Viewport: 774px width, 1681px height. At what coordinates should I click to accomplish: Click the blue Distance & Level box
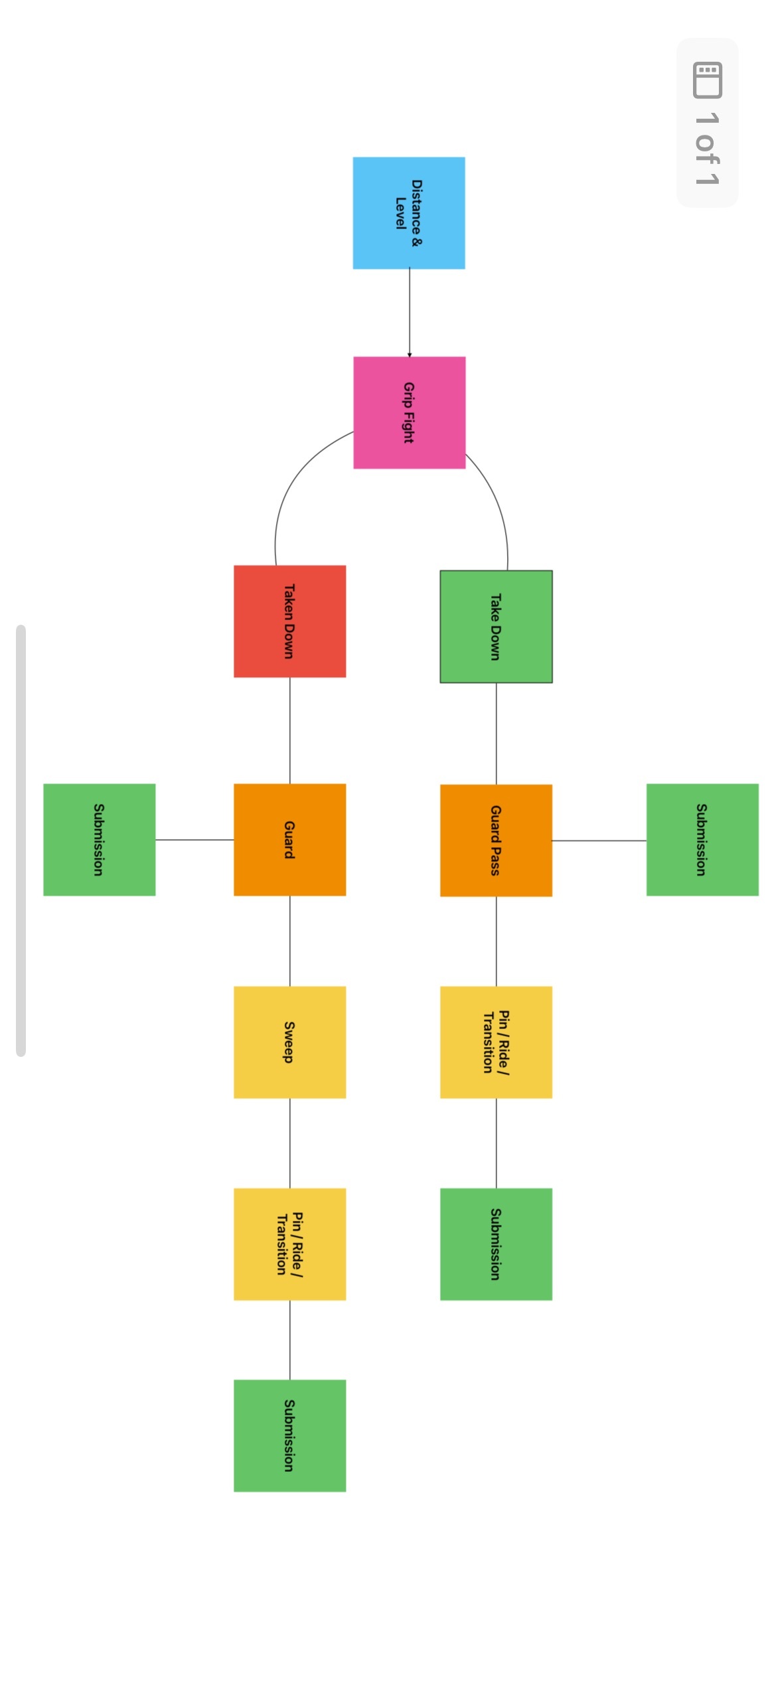[408, 213]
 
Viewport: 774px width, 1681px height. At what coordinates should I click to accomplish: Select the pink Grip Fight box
[409, 412]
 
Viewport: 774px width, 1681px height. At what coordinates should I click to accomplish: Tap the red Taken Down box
[289, 621]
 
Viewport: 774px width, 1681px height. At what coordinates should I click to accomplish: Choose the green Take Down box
[496, 627]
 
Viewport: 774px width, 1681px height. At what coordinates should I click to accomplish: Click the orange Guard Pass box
[496, 840]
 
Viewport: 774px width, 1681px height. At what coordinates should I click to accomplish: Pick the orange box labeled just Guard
[289, 840]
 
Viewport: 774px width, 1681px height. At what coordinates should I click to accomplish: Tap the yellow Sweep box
[289, 1042]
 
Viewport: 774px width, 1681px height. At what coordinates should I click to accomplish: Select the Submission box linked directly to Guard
[100, 840]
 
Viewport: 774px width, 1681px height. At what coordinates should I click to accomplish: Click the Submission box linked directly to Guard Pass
[702, 840]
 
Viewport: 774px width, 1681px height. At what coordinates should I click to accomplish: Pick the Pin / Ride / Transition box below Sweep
[289, 1244]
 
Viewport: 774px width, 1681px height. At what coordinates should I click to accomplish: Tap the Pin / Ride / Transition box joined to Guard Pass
[496, 1042]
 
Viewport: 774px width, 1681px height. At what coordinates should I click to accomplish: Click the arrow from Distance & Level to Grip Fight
[409, 312]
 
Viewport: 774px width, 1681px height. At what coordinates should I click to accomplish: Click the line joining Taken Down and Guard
[289, 730]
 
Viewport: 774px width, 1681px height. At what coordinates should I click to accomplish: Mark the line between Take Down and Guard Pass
[496, 734]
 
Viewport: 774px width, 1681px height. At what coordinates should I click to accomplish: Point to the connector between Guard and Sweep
[289, 941]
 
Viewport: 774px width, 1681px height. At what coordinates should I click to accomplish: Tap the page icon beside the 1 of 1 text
[707, 80]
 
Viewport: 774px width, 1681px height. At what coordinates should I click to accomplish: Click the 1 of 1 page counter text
[707, 149]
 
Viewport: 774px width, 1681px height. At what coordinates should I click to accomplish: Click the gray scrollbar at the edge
[21, 840]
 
